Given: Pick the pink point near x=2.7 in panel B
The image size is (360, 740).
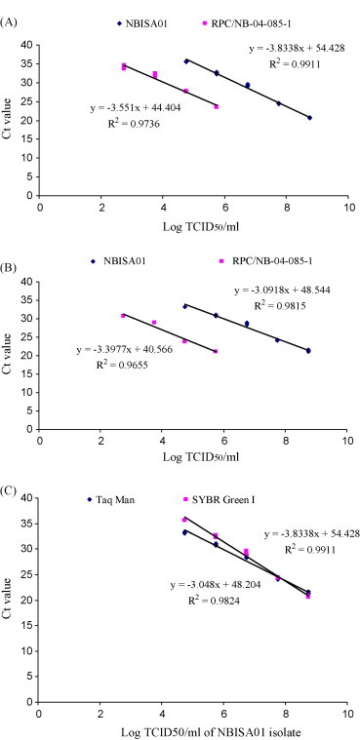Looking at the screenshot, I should click(124, 316).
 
